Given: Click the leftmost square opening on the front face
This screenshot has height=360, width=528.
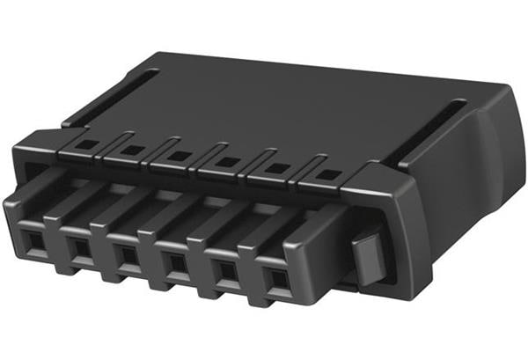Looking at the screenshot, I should (x=33, y=239).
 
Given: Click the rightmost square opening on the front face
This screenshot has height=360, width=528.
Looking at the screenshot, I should (x=278, y=282).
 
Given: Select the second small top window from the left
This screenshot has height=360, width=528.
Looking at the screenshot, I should (x=131, y=149).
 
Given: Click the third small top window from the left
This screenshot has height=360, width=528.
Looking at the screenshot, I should (x=179, y=156).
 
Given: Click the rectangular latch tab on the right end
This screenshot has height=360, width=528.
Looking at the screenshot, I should (x=368, y=255).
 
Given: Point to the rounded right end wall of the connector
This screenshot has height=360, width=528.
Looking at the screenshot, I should (x=466, y=185).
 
